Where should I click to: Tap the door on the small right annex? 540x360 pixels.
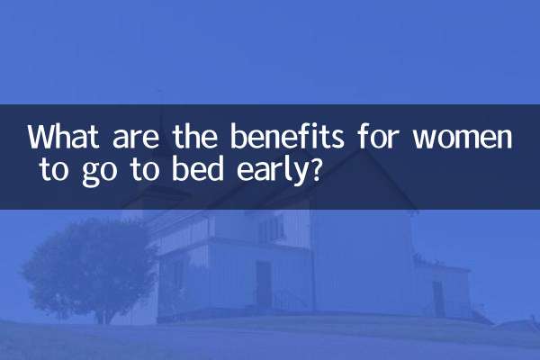438,298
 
